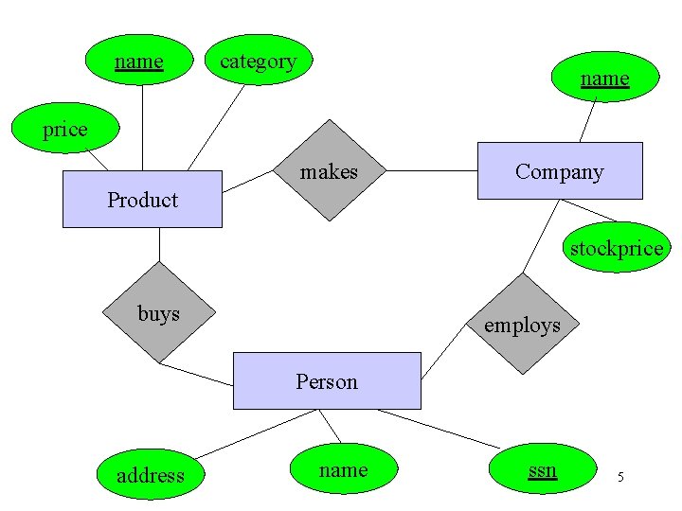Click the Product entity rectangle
[142, 199]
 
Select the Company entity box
[559, 170]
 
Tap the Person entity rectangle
[326, 380]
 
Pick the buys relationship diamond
[159, 313]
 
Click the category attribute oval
[258, 61]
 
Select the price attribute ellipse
[64, 129]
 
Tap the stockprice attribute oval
[616, 247]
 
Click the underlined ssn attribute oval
[542, 468]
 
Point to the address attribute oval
[150, 473]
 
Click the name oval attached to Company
[604, 78]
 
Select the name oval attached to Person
[343, 468]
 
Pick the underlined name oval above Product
[139, 61]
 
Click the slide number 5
[620, 476]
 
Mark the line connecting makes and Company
[431, 171]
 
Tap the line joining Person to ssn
[436, 428]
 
